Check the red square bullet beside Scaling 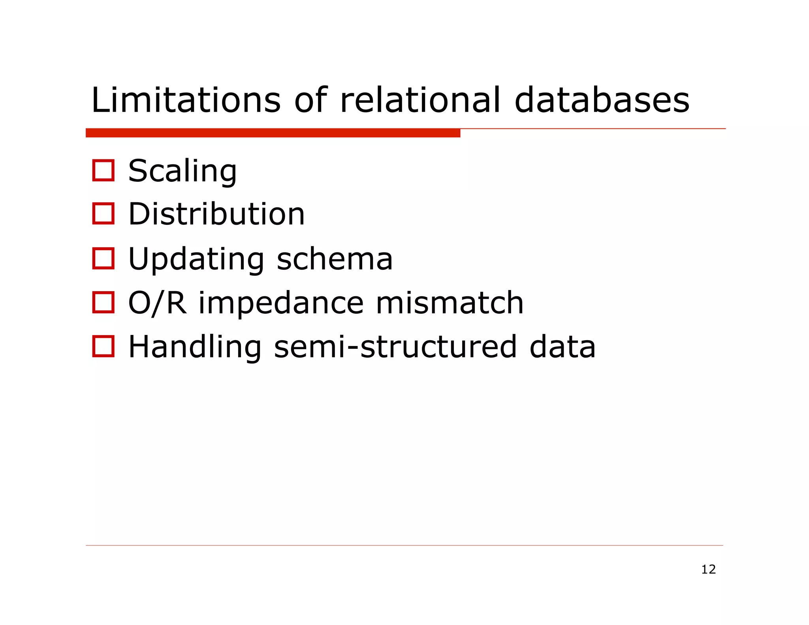pyautogui.click(x=103, y=171)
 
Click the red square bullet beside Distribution pyautogui.click(x=103, y=214)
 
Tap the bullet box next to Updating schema pyautogui.click(x=103, y=258)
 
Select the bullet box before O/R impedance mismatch pyautogui.click(x=103, y=302)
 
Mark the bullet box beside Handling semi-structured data pyautogui.click(x=103, y=346)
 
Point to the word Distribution pyautogui.click(x=216, y=214)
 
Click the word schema pyautogui.click(x=335, y=259)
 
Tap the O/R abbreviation pyautogui.click(x=157, y=303)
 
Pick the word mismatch pyautogui.click(x=450, y=303)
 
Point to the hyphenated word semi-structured pyautogui.click(x=395, y=347)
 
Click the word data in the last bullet pyautogui.click(x=562, y=347)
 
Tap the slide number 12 pyautogui.click(x=708, y=569)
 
